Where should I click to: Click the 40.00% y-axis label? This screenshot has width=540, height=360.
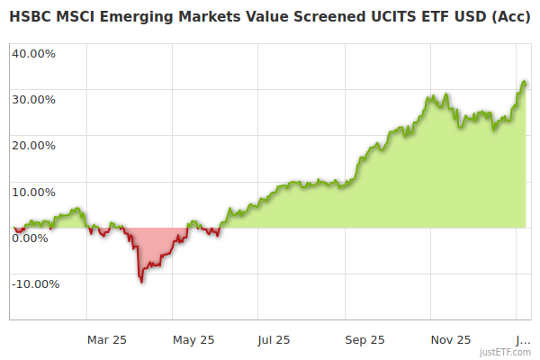click(33, 52)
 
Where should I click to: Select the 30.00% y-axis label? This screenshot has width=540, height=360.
click(33, 99)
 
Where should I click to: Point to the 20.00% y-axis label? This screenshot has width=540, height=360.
click(33, 145)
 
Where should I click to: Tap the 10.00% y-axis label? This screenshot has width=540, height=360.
click(33, 192)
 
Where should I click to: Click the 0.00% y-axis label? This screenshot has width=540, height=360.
click(30, 238)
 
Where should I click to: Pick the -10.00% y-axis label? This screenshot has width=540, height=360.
click(35, 284)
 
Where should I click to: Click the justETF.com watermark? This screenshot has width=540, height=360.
click(506, 352)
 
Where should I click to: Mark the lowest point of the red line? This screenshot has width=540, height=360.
click(141, 282)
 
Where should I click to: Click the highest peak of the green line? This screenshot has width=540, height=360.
click(524, 82)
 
